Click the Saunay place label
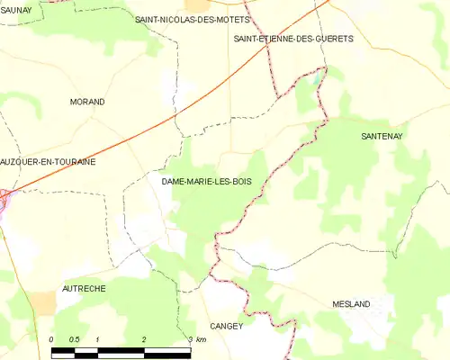click(16, 9)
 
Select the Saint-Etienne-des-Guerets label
click(293, 40)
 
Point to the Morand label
click(87, 102)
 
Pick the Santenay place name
click(382, 136)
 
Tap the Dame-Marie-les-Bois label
click(206, 182)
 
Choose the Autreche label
click(84, 288)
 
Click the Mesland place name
click(350, 304)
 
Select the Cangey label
click(226, 326)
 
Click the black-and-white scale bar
click(121, 349)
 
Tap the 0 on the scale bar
click(52, 339)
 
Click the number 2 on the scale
click(144, 339)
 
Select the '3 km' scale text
click(197, 339)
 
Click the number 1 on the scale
click(98, 339)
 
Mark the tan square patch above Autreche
click(40, 301)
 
